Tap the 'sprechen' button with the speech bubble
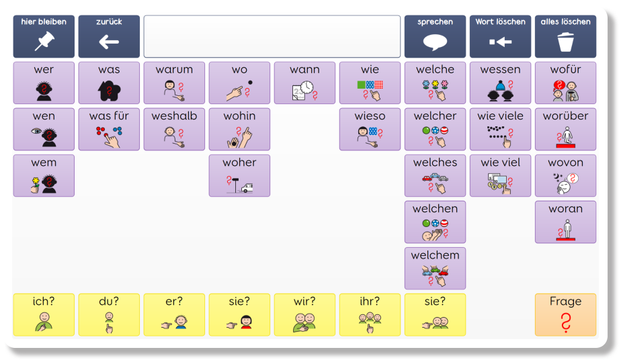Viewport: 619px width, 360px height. point(435,36)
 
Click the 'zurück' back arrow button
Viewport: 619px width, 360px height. point(109,36)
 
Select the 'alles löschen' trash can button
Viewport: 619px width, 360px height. point(565,36)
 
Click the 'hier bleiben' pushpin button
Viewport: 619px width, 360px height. point(44,36)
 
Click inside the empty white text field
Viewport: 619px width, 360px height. point(272,36)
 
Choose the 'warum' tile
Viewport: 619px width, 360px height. point(174,83)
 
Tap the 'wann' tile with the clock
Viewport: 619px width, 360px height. point(304,83)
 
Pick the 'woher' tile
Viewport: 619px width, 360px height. point(240,175)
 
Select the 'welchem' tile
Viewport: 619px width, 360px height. point(435,268)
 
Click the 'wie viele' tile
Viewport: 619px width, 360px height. point(500,129)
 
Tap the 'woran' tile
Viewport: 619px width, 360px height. point(565,222)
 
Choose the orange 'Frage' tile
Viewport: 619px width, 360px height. point(565,314)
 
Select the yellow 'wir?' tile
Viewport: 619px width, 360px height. point(304,314)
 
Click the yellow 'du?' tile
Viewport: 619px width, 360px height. point(109,314)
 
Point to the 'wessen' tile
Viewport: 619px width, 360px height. point(500,83)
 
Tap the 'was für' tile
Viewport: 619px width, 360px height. point(109,129)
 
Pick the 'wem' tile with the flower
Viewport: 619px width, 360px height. point(44,175)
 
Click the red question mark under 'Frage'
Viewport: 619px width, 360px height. point(566,322)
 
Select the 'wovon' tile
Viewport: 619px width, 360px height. point(565,175)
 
